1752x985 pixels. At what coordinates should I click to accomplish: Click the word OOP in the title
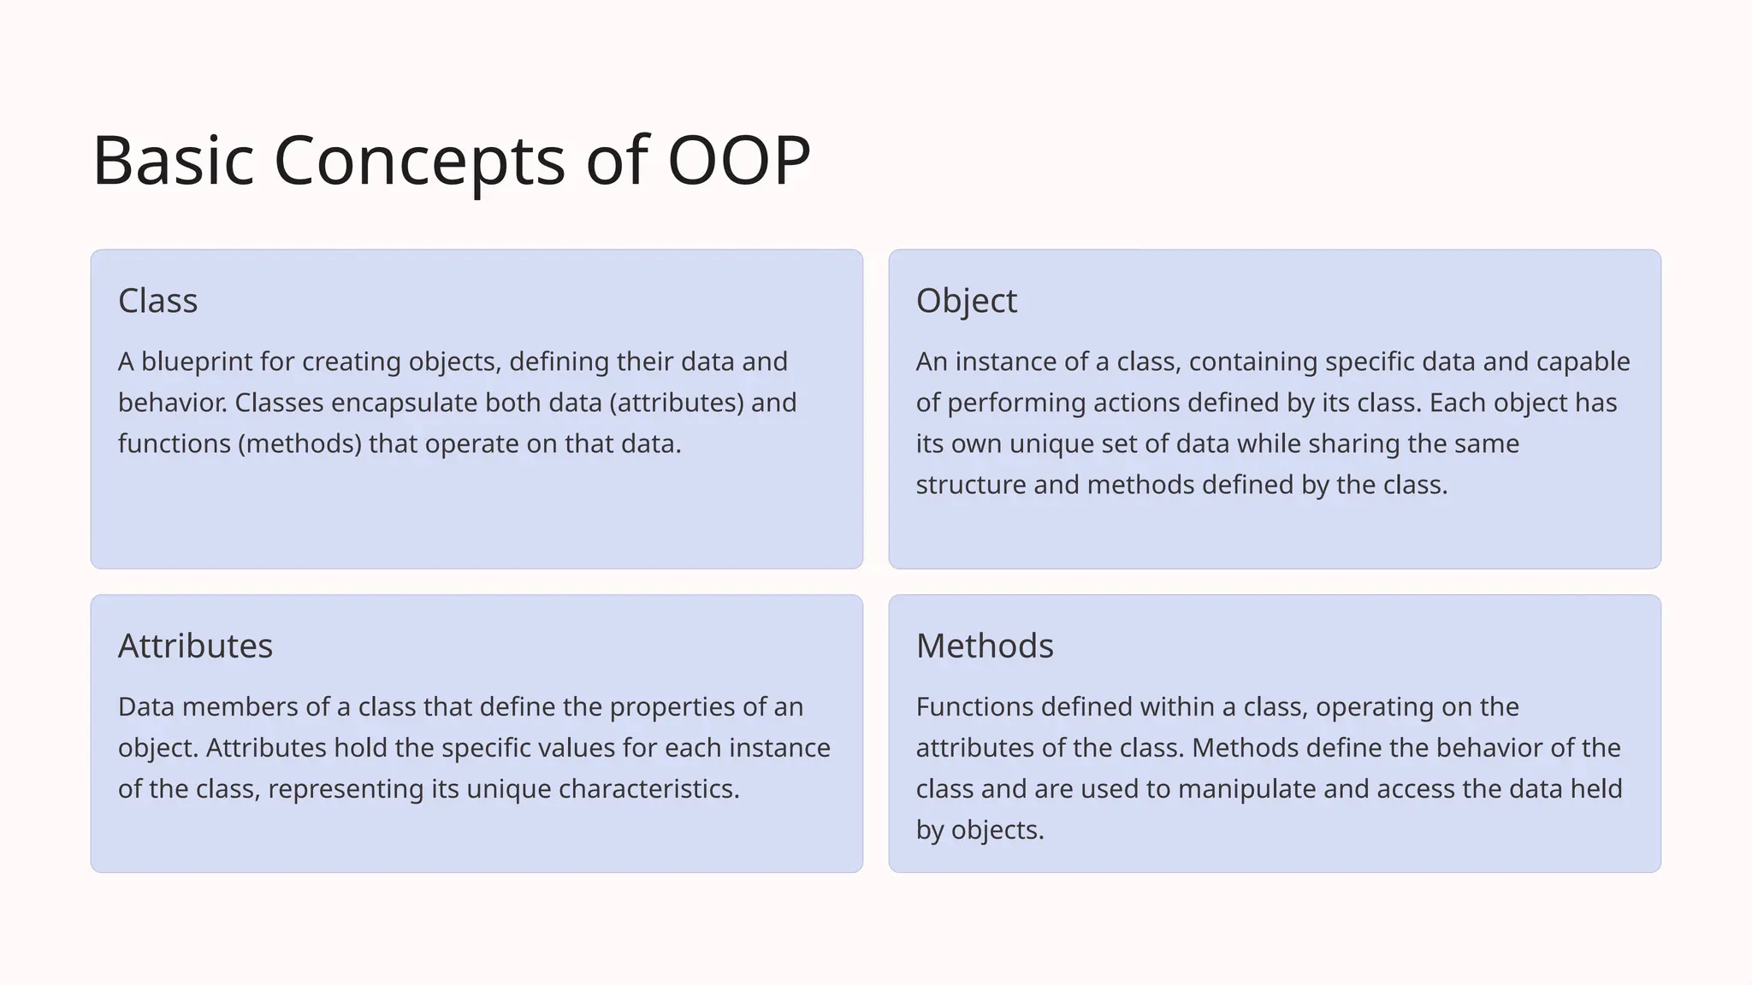(737, 160)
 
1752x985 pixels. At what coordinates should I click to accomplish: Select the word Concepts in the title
(419, 160)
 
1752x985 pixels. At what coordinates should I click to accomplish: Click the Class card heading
(158, 301)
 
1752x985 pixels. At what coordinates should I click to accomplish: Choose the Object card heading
(966, 301)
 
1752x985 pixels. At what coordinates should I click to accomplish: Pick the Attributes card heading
(195, 646)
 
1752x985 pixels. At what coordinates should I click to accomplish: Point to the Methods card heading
(985, 646)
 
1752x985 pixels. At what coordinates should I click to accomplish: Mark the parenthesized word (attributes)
(677, 403)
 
